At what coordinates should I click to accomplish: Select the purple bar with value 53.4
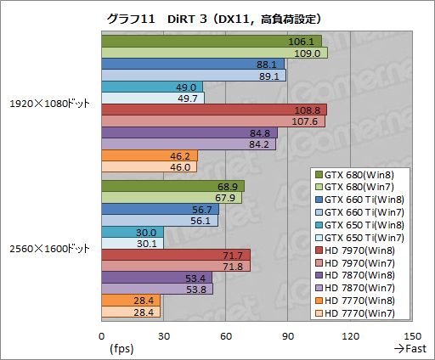(157, 278)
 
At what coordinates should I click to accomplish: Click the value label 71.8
(233, 267)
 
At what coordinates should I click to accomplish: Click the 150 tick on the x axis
(411, 335)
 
